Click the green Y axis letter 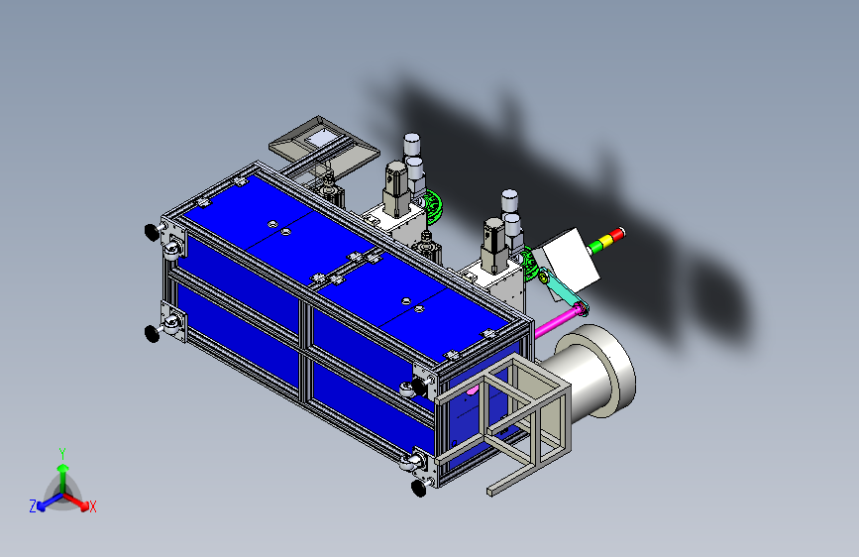pyautogui.click(x=62, y=453)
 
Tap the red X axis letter pyautogui.click(x=92, y=507)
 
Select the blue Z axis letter pyautogui.click(x=33, y=506)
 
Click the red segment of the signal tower pyautogui.click(x=618, y=235)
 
